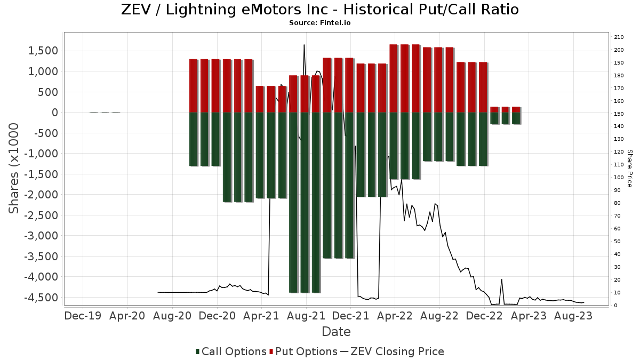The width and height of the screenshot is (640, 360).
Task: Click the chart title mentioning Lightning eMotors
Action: pos(320,10)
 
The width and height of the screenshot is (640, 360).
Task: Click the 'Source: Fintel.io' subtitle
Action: pos(319,23)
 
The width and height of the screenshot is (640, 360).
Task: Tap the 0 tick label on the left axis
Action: pos(54,113)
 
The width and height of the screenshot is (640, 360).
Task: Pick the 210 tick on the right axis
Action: pos(619,37)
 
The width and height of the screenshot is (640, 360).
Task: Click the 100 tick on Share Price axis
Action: pos(619,178)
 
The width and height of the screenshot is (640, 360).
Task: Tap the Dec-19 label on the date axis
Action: pos(83,316)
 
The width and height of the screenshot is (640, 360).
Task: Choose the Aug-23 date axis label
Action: pos(573,316)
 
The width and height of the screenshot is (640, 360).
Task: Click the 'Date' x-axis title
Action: pos(336,332)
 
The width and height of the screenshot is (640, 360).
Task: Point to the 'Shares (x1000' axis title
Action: pos(14,168)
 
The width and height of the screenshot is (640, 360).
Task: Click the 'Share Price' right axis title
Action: pos(629,168)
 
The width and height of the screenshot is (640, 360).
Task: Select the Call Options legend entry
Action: pos(231,351)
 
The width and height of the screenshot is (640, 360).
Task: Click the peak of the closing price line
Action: pos(304,45)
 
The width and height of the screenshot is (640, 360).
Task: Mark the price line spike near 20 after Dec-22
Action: pos(501,279)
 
